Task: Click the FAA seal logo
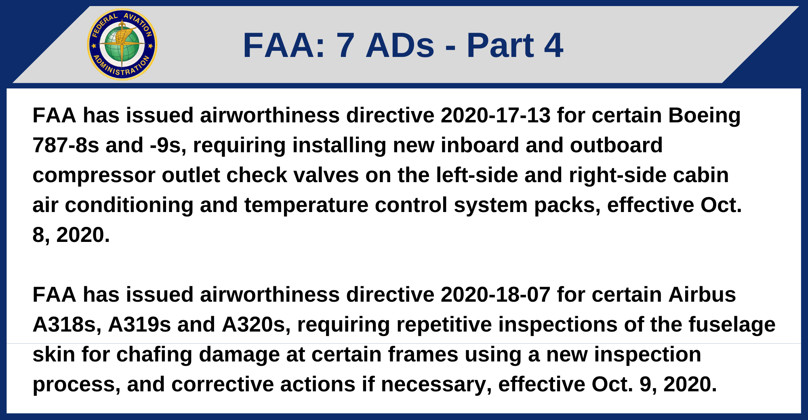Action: tap(122, 44)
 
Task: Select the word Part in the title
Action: tap(500, 45)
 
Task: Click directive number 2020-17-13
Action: tap(496, 115)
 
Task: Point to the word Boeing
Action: tap(704, 116)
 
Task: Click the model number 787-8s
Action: tap(65, 145)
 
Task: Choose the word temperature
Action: tap(306, 206)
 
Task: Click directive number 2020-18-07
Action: tap(496, 295)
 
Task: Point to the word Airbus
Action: tap(702, 295)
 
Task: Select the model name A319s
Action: tap(139, 325)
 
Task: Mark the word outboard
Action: tap(616, 145)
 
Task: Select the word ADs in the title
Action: tap(400, 45)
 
